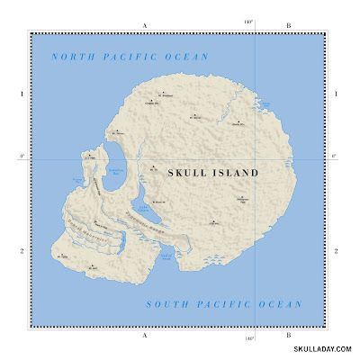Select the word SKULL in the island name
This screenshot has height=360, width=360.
coord(187,172)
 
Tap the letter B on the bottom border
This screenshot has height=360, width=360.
coord(287,334)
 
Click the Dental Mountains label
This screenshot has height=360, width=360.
coord(87,231)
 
